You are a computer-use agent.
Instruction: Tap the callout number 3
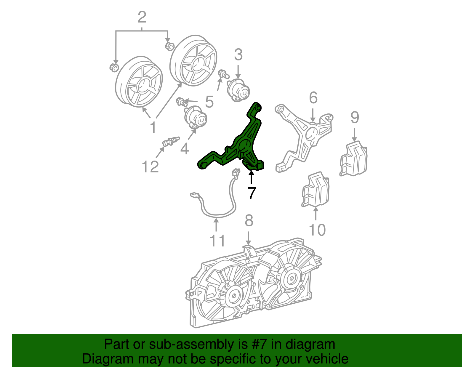[238, 55]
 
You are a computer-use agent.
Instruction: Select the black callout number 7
[252, 193]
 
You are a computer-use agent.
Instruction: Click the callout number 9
[355, 117]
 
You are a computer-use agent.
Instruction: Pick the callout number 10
[317, 230]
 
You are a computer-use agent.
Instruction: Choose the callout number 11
[217, 241]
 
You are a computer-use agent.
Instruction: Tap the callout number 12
[150, 166]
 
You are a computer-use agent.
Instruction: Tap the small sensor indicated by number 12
[171, 142]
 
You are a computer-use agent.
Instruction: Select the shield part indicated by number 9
[353, 158]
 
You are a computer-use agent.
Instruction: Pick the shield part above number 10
[316, 189]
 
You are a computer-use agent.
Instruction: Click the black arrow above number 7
[252, 177]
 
